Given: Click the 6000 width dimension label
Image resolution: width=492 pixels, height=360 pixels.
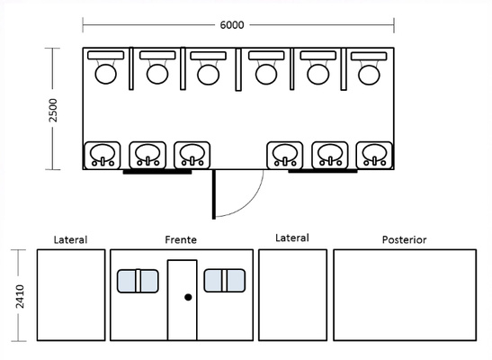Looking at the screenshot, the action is pos(232,25).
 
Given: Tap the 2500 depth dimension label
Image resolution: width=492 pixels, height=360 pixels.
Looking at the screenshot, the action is pos(53,110).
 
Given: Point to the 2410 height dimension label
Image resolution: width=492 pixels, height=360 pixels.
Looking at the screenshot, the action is pos(20,296).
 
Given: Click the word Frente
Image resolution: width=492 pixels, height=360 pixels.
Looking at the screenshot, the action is pos(181,239).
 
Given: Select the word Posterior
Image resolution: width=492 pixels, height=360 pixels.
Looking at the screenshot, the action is pos(404,239).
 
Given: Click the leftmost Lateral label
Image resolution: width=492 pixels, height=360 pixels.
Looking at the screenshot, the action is pos(70,239).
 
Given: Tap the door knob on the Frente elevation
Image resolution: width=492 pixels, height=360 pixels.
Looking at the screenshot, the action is pos(188,297).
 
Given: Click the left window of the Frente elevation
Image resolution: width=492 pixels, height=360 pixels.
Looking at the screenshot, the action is pos(138,281).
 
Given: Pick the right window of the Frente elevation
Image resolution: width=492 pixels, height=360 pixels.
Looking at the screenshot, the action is pos(225,280).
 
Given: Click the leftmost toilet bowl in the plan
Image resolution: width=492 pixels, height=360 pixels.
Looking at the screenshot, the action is pos(106,74).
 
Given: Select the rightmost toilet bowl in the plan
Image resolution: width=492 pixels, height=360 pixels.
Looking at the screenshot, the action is pos(369,75).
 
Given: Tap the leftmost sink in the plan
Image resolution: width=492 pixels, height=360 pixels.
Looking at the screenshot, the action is pos(103,156).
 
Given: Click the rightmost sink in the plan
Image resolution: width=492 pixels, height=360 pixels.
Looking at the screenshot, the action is pos(374,156).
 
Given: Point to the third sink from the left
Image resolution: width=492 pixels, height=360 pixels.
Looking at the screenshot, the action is pos(192,156).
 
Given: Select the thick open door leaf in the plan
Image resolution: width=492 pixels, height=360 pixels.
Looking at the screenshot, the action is pos(214,194).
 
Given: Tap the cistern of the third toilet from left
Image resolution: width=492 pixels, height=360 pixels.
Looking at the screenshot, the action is pos(209,56).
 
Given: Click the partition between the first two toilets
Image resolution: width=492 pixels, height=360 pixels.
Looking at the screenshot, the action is pos(131,68).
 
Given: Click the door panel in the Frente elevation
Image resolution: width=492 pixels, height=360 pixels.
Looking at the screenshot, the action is pos(183,300).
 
